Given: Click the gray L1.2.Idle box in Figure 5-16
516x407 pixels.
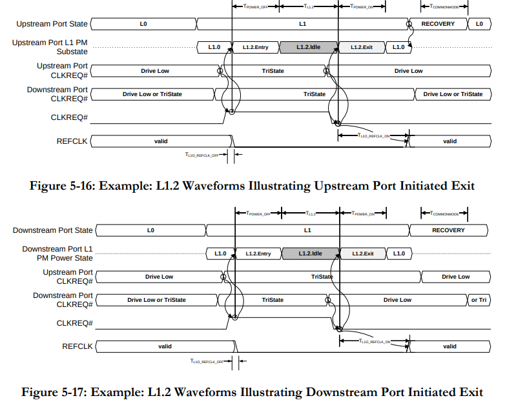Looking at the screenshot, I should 308,47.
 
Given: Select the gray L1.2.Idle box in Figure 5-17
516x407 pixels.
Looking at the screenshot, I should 310,253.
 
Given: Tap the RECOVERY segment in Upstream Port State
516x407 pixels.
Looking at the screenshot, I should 437,24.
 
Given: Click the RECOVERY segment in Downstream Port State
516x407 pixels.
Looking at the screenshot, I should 448,230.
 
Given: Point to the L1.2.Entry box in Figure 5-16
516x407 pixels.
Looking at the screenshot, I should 255,47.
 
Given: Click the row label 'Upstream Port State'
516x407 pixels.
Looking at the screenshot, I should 52,24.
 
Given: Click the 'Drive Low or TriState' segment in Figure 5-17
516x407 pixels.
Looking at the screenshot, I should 156,300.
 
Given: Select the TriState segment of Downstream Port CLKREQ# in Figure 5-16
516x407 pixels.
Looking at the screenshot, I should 315,94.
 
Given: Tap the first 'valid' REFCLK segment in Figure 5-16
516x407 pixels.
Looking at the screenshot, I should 161,141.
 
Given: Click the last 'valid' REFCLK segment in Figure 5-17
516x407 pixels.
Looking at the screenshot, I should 449,346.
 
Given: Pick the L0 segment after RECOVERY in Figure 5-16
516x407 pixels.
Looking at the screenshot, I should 479,24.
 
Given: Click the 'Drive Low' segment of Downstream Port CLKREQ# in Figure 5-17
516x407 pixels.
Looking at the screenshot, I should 397,300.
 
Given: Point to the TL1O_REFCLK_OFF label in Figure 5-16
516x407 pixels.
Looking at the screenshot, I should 202,155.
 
